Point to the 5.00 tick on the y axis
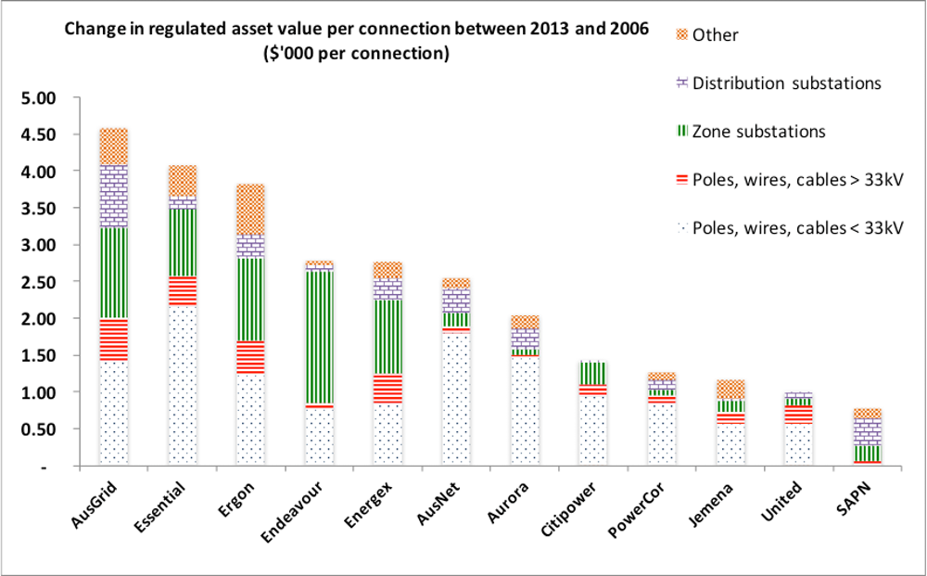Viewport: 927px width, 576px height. point(38,98)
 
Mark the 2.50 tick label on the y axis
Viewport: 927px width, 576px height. point(38,282)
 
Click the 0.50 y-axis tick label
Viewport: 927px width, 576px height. point(38,429)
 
